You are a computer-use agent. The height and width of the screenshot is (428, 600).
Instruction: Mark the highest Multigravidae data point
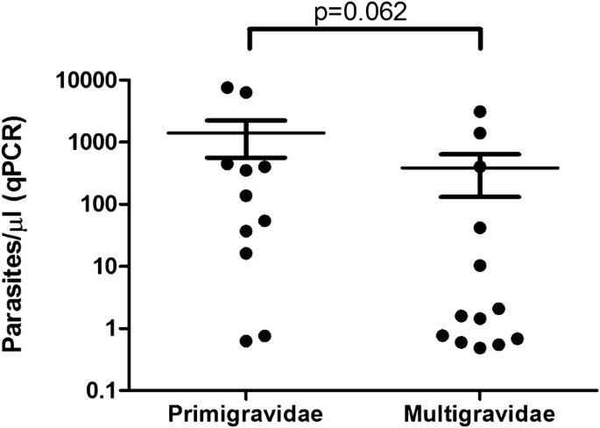click(480, 111)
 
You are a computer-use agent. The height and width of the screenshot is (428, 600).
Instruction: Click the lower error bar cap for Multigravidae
click(480, 196)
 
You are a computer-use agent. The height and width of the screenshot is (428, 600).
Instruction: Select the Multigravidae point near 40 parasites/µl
click(480, 228)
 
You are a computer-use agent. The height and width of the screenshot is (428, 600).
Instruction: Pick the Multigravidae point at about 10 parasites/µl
click(480, 266)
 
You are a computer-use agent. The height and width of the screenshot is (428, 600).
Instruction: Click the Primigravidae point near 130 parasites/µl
click(246, 196)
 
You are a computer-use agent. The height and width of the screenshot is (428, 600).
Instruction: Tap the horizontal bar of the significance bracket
click(364, 29)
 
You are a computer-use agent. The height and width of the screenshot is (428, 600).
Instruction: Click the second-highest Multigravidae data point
click(480, 133)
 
